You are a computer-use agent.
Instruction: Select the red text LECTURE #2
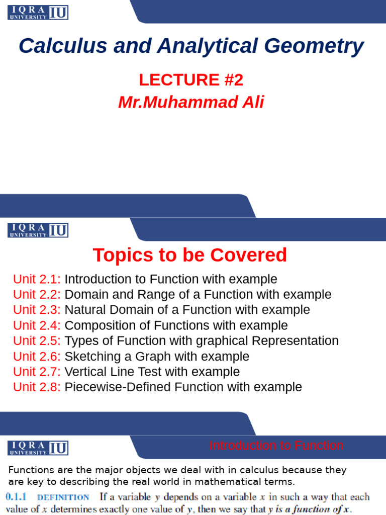[191, 79]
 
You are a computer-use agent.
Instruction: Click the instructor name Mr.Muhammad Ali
[191, 102]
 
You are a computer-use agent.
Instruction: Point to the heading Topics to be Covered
[190, 255]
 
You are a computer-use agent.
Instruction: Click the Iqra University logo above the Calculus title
[38, 13]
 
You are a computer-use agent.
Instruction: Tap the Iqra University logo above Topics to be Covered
[38, 230]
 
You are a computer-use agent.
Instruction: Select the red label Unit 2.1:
[37, 279]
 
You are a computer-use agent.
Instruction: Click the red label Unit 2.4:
[37, 325]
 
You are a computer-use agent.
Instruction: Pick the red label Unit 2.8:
[37, 387]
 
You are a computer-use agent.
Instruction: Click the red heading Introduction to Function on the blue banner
[276, 446]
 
